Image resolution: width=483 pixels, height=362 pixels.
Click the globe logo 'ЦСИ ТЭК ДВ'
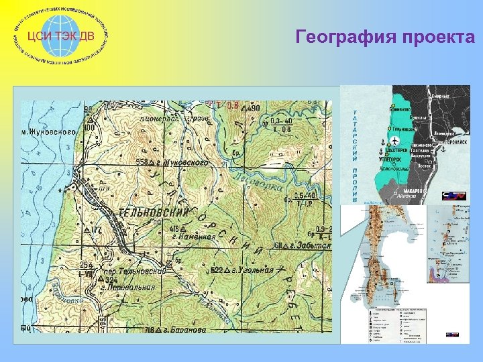pyautogui.click(x=63, y=35)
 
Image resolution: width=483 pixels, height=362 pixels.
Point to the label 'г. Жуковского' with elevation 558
pyautogui.click(x=175, y=162)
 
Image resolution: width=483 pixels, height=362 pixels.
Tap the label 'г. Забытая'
pyautogui.click(x=308, y=245)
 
